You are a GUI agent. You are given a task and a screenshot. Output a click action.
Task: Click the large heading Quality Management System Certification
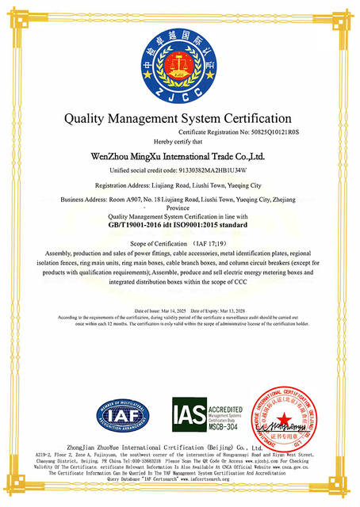[x=180, y=118]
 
